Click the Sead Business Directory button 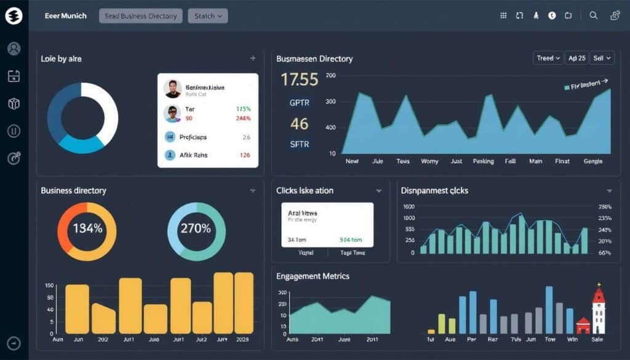tap(141, 16)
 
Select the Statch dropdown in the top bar tap(207, 16)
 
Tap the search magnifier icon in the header tap(593, 16)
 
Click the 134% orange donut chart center tap(87, 229)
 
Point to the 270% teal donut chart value tap(196, 229)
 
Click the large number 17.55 tap(300, 79)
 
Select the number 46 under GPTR tap(300, 124)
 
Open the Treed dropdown tap(548, 58)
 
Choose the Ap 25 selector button tap(576, 58)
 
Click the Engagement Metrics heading tap(313, 276)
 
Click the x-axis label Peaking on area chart tap(483, 161)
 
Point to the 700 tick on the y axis tap(330, 76)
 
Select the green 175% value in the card tap(244, 108)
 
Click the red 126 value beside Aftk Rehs tap(244, 155)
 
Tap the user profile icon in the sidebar tap(14, 49)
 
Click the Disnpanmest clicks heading tap(434, 191)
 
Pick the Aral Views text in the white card tap(302, 213)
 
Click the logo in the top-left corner tap(14, 16)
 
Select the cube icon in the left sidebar tap(14, 103)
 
